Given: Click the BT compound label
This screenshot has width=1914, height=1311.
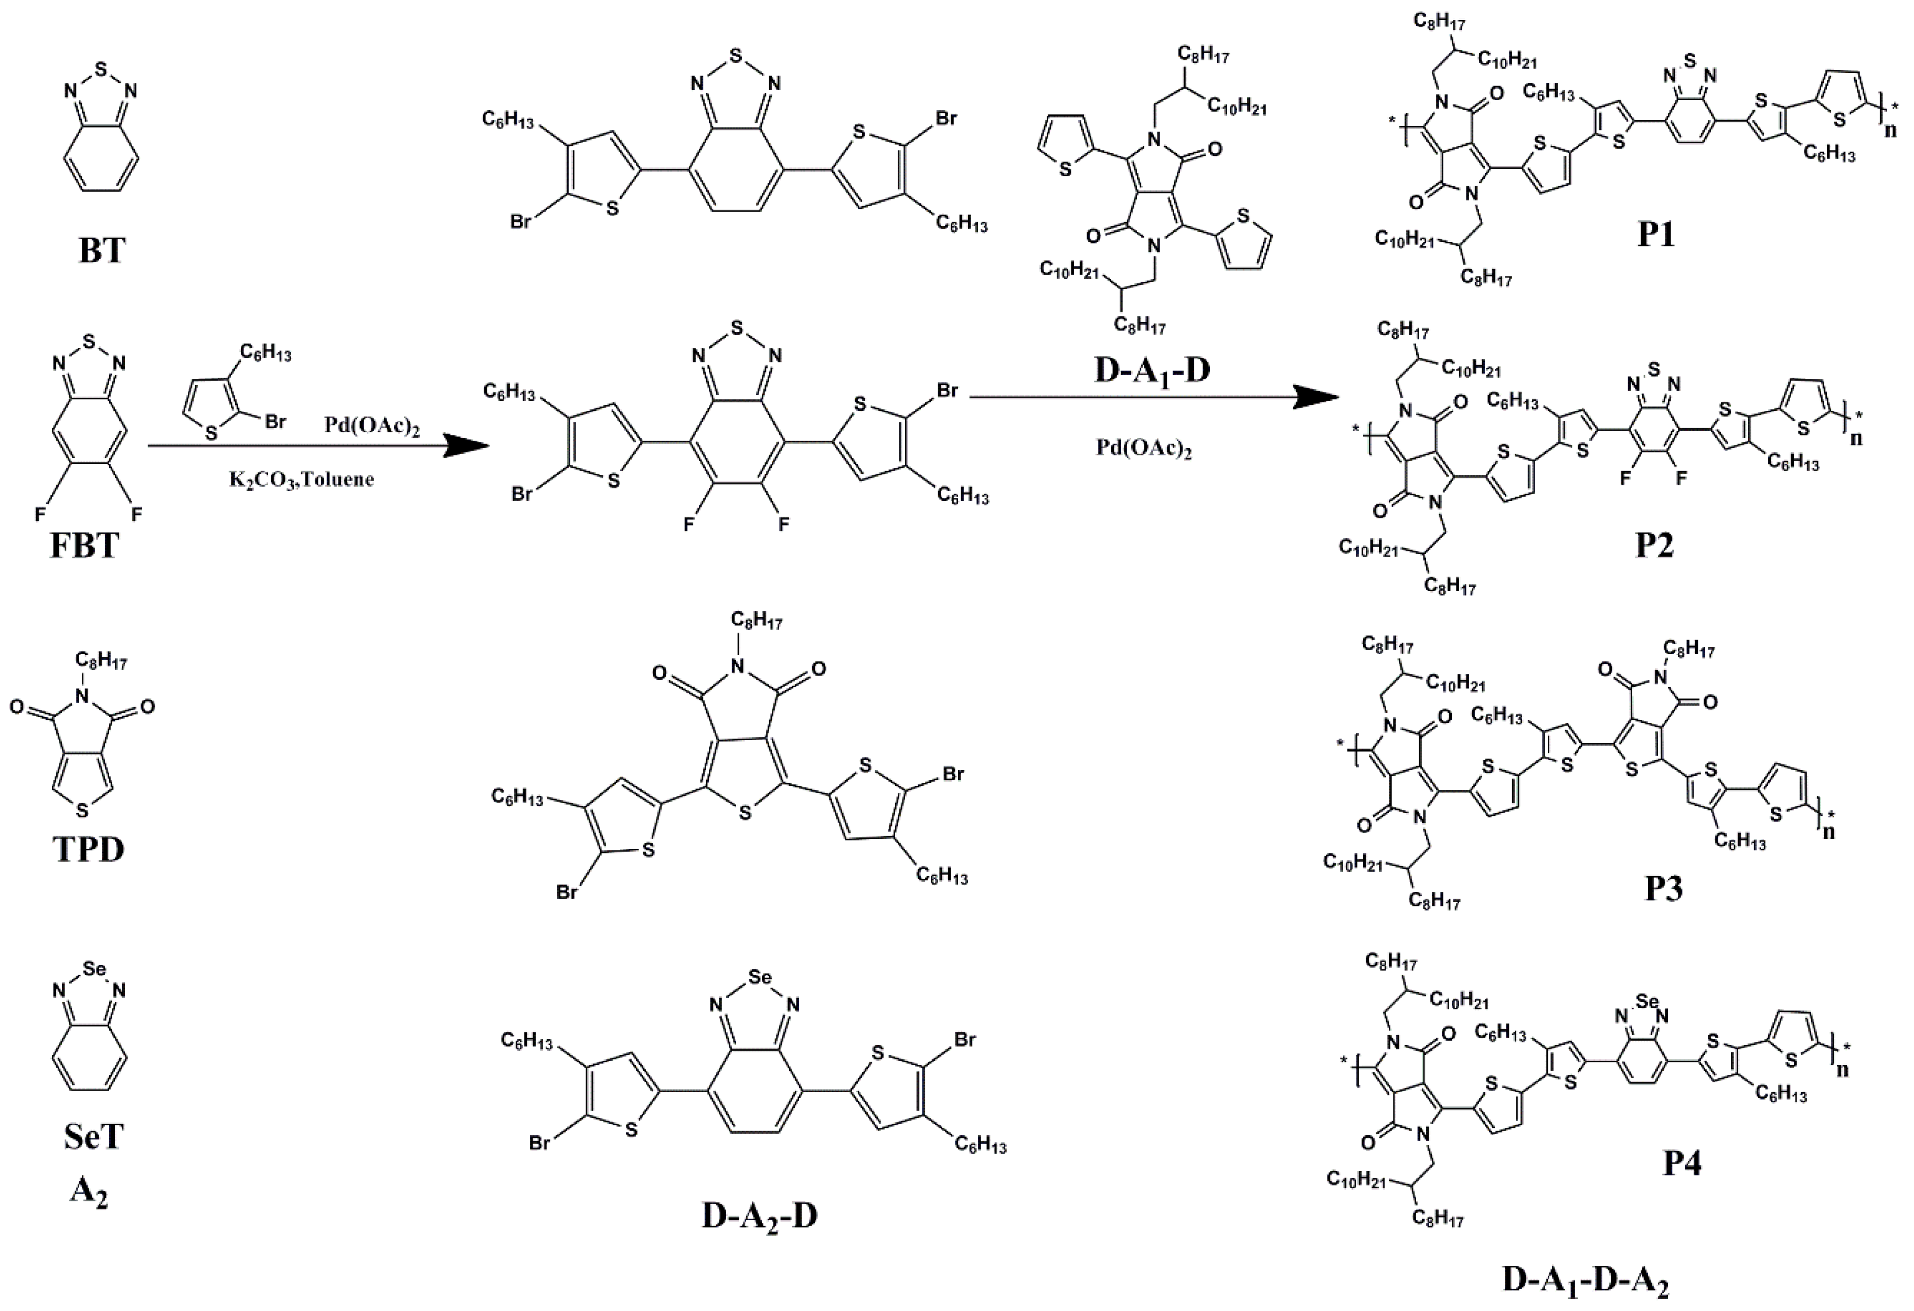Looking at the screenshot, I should (x=101, y=250).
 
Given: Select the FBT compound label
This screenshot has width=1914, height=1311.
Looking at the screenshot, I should (x=85, y=545).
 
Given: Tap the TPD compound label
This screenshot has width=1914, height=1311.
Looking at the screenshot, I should (x=89, y=848).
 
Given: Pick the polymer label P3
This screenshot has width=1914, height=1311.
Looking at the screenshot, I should (x=1663, y=889).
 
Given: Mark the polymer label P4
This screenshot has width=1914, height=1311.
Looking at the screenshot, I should (x=1681, y=1163).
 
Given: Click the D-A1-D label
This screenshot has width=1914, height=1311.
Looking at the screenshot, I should (x=1152, y=370).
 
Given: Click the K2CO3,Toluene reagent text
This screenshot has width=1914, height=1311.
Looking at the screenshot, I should (x=302, y=479).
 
